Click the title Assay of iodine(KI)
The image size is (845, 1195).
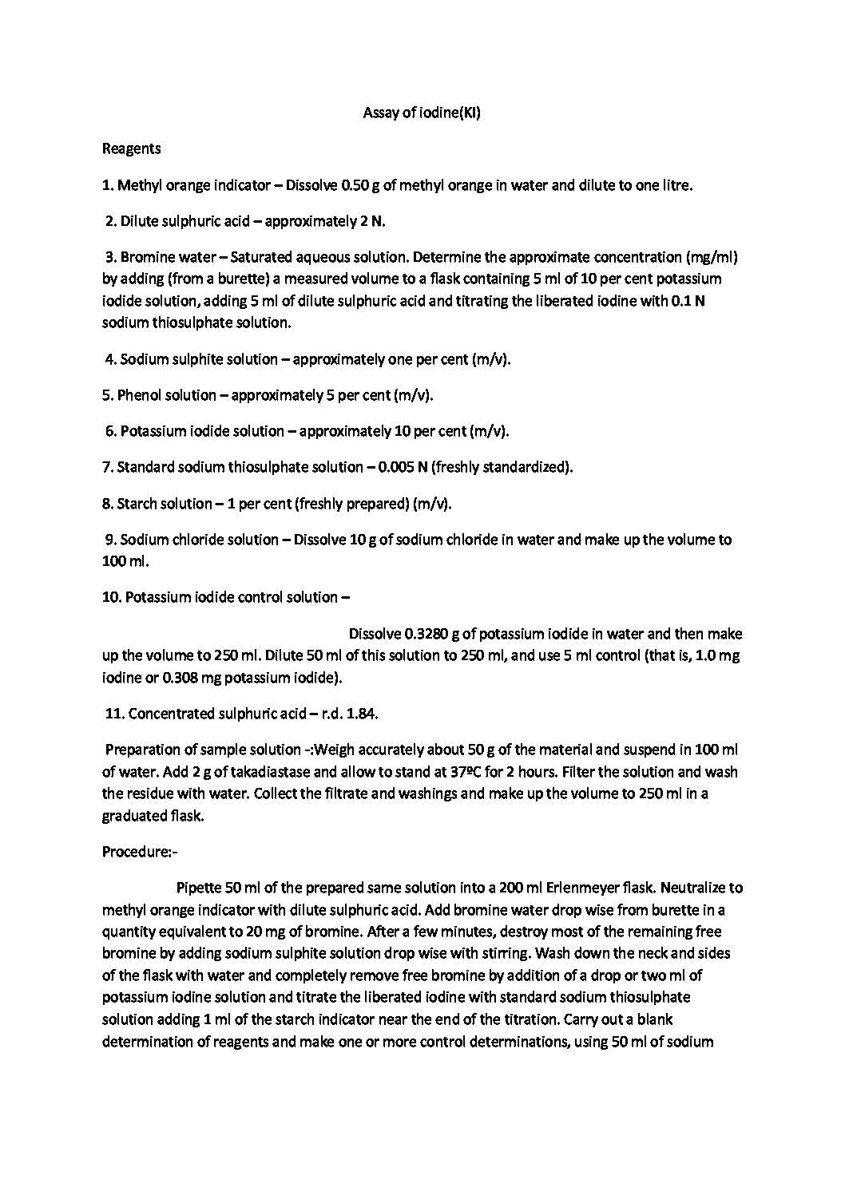click(x=421, y=113)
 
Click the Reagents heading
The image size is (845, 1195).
click(x=132, y=148)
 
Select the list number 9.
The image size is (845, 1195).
click(x=110, y=540)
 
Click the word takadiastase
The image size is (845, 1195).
click(x=212, y=772)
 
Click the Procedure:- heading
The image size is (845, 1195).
click(x=140, y=852)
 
